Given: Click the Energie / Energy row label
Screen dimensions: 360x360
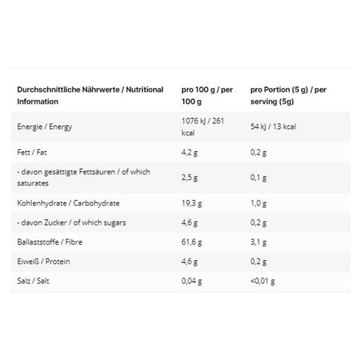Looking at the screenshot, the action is coord(45,127).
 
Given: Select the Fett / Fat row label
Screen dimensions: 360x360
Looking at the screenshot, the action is coord(32,153).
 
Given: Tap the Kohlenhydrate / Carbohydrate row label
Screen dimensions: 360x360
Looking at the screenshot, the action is coord(69,203).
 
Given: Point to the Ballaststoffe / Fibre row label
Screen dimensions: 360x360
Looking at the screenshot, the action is coord(50,242).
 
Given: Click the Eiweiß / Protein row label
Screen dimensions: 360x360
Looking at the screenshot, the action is coord(43,261).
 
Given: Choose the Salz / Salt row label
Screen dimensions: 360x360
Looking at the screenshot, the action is coord(33,281).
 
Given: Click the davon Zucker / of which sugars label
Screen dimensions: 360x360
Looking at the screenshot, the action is coord(72,223).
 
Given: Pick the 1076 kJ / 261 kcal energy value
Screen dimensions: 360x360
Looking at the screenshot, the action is coord(203,127).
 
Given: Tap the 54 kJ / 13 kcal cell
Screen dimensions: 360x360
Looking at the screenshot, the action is coord(273,127).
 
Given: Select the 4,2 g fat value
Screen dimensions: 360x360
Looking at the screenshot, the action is coord(189,153).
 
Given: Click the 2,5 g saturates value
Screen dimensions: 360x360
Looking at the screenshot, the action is coord(189,178).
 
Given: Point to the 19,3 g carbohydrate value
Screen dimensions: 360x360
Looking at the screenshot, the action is coord(192,204).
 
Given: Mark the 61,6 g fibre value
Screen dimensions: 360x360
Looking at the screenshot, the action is coord(192,242).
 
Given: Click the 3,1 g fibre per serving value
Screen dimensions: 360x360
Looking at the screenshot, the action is coord(258,242).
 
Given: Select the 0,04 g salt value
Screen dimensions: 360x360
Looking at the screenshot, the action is coord(192,281).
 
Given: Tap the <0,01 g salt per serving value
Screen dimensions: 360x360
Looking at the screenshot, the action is coord(263,281).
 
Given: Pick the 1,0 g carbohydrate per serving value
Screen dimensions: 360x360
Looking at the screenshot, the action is coord(258,204).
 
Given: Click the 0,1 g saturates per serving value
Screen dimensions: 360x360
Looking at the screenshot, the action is coord(258,178).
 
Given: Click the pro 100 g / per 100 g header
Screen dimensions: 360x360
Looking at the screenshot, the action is coord(207,96).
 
